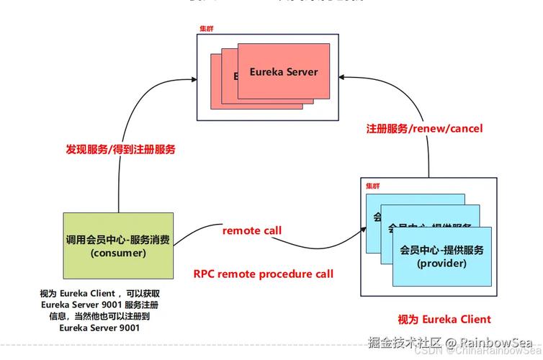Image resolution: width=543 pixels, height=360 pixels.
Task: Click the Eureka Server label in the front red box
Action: click(284, 72)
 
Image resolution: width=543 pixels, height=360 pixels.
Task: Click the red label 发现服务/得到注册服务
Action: click(120, 150)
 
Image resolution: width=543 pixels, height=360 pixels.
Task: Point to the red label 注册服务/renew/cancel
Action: click(424, 129)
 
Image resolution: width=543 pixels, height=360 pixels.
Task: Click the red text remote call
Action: click(251, 230)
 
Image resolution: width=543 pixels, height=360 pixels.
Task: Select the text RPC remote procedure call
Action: click(264, 274)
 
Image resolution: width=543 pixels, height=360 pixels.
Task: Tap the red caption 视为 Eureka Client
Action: click(444, 319)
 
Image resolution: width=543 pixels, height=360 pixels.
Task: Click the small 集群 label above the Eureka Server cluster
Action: click(207, 29)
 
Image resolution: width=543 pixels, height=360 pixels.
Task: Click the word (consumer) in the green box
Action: click(118, 253)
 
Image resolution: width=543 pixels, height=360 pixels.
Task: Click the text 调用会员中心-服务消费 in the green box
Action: click(118, 240)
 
